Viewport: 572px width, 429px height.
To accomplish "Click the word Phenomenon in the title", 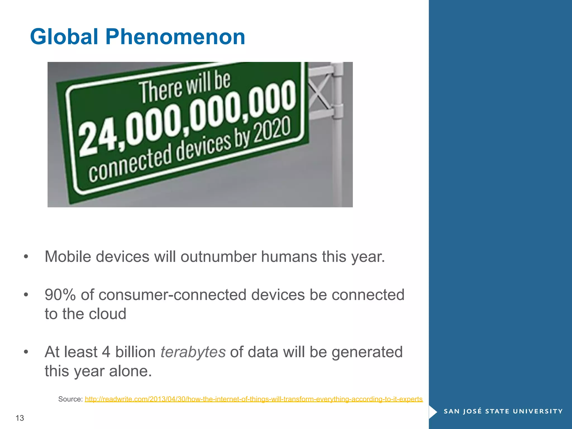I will click(x=175, y=37).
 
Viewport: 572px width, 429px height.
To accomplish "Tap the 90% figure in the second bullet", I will click(x=60, y=295).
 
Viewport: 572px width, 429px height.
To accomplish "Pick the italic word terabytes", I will click(x=193, y=352).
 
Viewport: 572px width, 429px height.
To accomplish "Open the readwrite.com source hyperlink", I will click(x=254, y=399).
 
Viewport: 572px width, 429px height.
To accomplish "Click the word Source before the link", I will click(x=70, y=399).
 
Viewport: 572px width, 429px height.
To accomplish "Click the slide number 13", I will click(x=20, y=418).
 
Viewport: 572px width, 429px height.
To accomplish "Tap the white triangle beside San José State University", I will click(x=432, y=411).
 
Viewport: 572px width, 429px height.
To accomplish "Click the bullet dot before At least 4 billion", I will click(x=26, y=352).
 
